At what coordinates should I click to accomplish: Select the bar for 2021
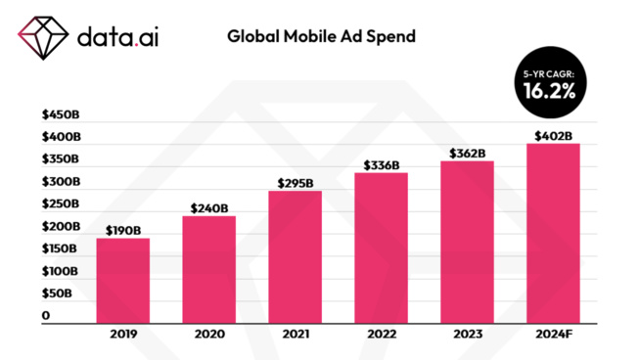point(295,256)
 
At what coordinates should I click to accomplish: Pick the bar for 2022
point(381,247)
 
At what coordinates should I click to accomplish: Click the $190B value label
point(123,231)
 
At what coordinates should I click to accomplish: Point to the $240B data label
point(208,207)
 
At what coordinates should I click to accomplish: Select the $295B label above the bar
point(295,183)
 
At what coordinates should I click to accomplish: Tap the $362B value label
point(467,154)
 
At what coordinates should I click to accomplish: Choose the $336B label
point(381,165)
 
